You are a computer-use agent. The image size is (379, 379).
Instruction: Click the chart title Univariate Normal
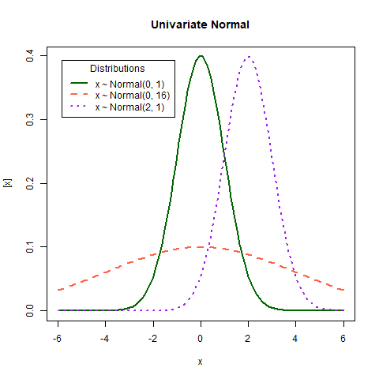point(201,24)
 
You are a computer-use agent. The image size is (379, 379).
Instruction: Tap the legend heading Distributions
point(117,69)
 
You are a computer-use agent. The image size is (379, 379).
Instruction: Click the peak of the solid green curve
point(201,56)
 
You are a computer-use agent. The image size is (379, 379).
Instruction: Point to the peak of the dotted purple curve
point(249,56)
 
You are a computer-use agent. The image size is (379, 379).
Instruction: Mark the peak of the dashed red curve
point(201,246)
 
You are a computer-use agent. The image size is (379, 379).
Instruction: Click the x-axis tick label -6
point(58,338)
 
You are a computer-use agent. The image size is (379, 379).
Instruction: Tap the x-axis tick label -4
point(105,338)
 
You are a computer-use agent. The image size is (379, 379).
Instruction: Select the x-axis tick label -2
point(152,338)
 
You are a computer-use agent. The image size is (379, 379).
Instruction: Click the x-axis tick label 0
point(201,338)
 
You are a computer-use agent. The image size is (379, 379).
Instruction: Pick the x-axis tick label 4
point(296,338)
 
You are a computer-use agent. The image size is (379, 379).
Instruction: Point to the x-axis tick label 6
point(343,338)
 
